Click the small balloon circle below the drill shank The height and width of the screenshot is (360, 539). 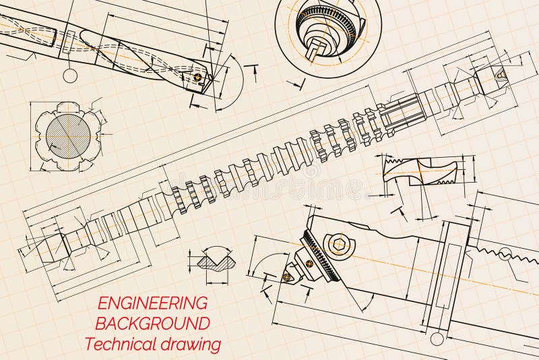[x=70, y=76]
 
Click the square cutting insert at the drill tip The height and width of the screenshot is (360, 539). [x=197, y=79]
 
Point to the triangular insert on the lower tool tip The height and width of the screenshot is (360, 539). [x=287, y=276]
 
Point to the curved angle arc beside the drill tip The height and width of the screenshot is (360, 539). [x=233, y=81]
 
